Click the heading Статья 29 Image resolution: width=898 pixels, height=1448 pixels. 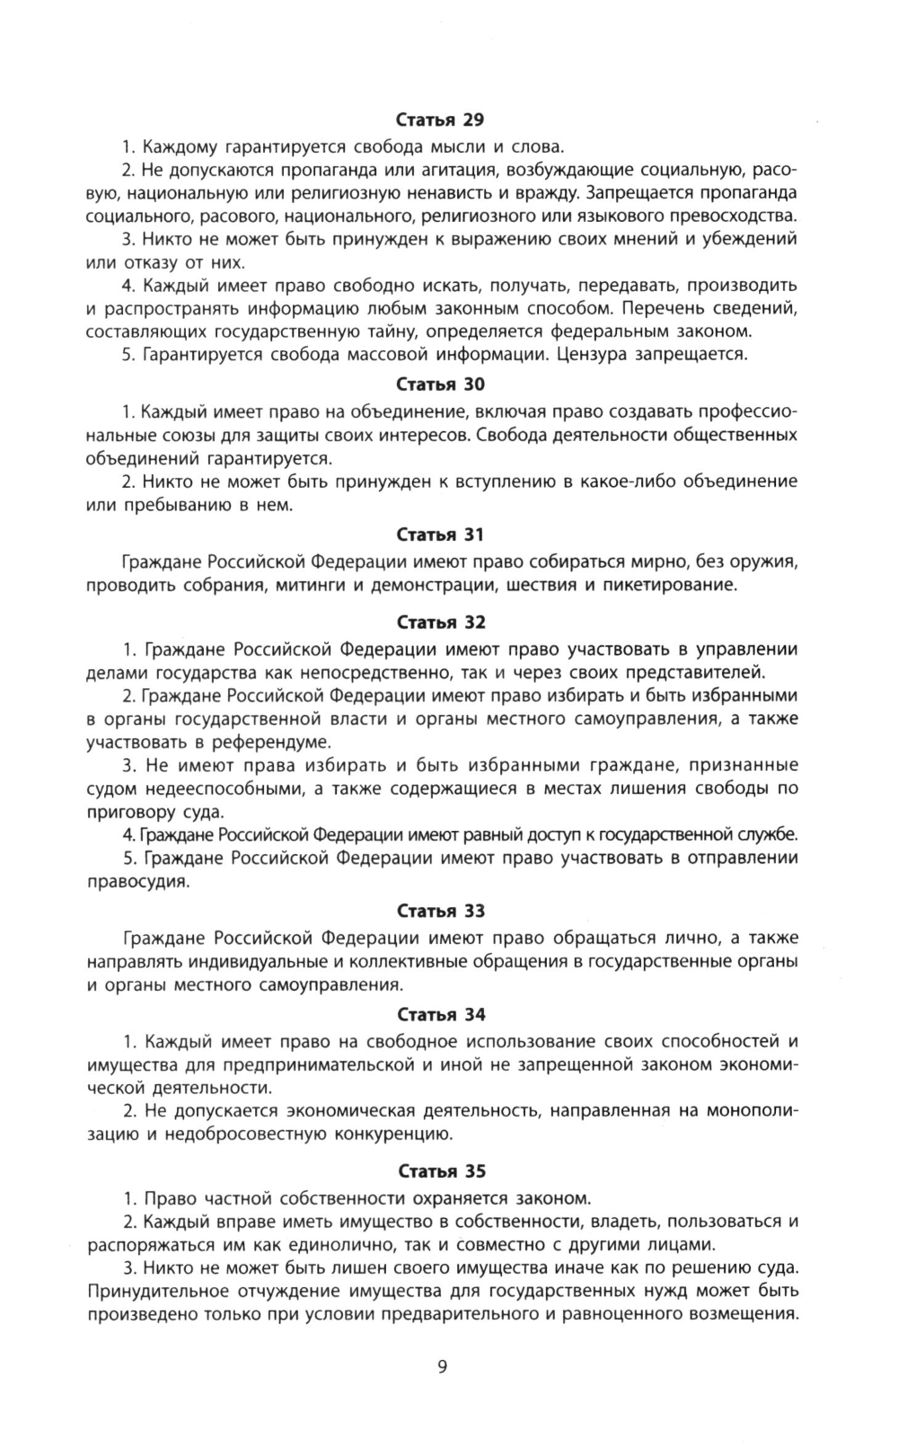coord(440,119)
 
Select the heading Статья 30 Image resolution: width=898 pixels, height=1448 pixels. coord(440,384)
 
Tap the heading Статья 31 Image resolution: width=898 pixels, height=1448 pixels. coord(440,534)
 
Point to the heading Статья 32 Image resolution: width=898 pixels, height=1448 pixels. coord(440,622)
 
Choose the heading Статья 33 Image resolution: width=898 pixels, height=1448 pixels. coord(440,911)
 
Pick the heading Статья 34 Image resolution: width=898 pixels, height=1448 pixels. coord(440,1015)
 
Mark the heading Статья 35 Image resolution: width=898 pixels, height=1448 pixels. coord(440,1171)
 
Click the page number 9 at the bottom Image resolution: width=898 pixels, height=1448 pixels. coord(442,1368)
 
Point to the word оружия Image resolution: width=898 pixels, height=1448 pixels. coord(763,562)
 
